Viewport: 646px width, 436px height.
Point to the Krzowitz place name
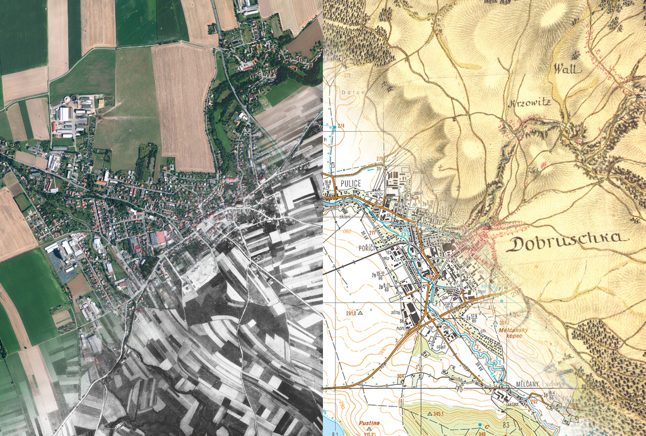530,102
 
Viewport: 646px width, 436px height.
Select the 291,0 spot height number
351,312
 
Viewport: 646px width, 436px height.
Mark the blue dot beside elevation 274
332,126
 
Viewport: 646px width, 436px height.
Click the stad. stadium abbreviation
441,346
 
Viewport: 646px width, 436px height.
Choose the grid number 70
459,389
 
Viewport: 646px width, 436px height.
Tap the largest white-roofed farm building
64,114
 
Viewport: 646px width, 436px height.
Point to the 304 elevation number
400,376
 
